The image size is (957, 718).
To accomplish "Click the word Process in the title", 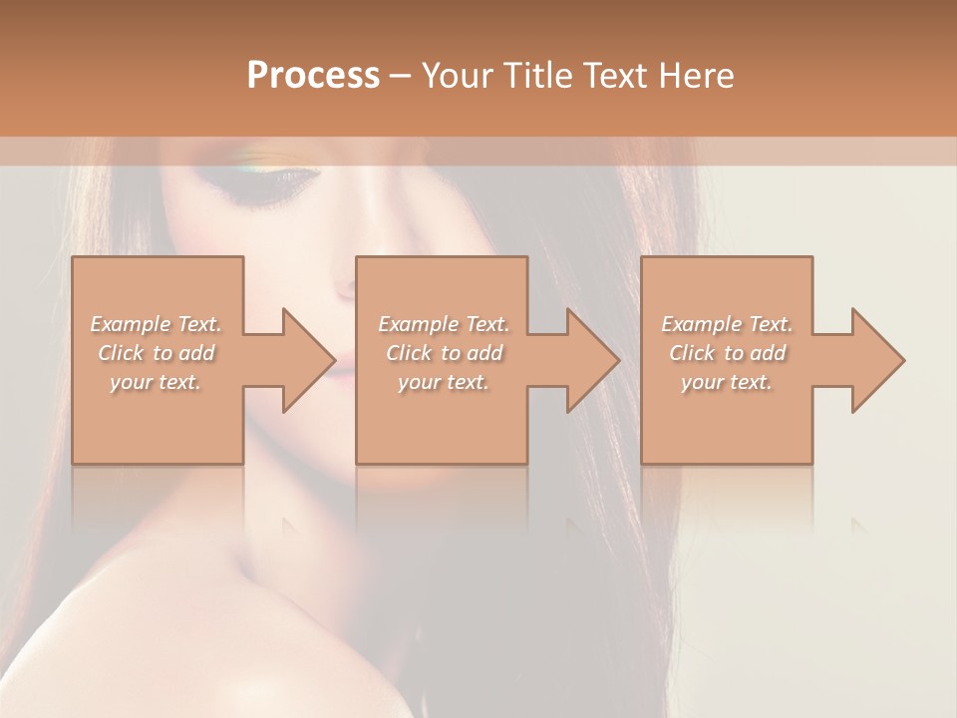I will tap(313, 76).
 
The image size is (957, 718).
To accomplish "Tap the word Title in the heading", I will tap(534, 76).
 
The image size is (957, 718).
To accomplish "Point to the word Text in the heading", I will tap(616, 76).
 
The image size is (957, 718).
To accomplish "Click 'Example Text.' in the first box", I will tap(157, 324).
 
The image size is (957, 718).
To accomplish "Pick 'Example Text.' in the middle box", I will tap(444, 324).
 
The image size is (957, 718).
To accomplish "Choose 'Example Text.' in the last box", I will tap(727, 324).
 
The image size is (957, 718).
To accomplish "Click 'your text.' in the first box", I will tap(156, 382).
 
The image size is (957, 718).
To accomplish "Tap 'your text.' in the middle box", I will tap(444, 382).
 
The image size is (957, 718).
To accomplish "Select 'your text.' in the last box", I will tap(727, 382).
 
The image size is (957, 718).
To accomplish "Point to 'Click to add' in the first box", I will tap(157, 353).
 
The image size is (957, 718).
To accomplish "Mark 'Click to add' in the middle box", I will tap(444, 353).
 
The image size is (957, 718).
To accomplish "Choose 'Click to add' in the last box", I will tap(727, 353).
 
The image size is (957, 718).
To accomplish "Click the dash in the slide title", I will tap(400, 77).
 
